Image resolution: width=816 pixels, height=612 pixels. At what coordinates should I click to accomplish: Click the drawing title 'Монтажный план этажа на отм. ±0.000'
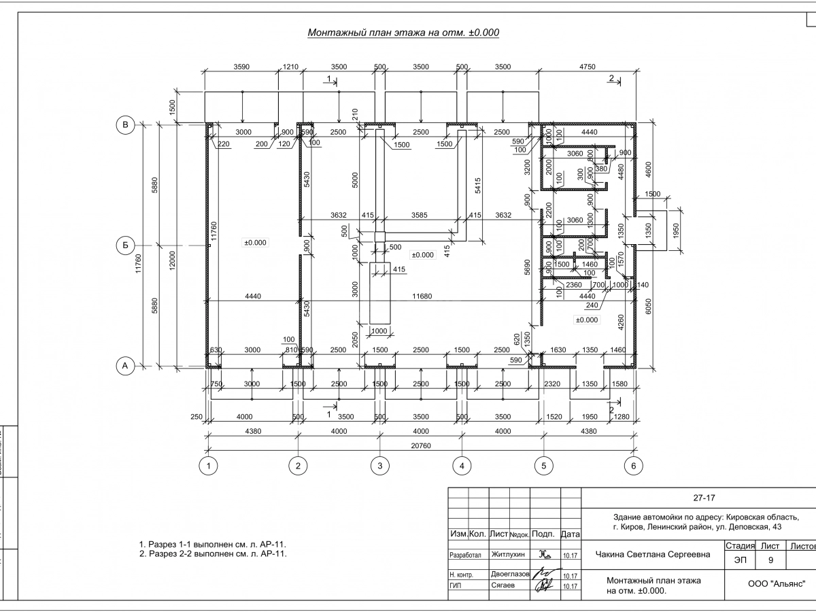pyautogui.click(x=404, y=33)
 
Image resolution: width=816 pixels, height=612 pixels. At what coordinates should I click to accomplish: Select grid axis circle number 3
pyautogui.click(x=379, y=466)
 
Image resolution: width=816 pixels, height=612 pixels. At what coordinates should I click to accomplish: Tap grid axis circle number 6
pyautogui.click(x=634, y=466)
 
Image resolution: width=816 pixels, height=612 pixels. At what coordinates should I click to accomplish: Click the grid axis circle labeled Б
pyautogui.click(x=125, y=245)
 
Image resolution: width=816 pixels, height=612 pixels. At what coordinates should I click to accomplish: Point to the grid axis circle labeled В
pyautogui.click(x=125, y=124)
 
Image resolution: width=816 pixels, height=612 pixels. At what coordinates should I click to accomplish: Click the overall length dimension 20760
pyautogui.click(x=421, y=445)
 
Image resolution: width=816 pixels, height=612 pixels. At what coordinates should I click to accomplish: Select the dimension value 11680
pyautogui.click(x=423, y=296)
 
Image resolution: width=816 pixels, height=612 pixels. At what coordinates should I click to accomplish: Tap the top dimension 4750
pyautogui.click(x=586, y=67)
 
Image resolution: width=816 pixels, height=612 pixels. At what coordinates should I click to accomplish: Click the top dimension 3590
pyautogui.click(x=241, y=67)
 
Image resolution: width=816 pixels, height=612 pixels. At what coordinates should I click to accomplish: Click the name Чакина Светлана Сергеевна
pyautogui.click(x=652, y=554)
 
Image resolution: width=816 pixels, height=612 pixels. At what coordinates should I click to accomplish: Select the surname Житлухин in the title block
pyautogui.click(x=508, y=554)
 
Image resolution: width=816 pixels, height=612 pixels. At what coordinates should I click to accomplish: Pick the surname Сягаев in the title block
pyautogui.click(x=503, y=585)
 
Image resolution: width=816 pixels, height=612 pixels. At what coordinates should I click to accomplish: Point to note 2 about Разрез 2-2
pyautogui.click(x=213, y=554)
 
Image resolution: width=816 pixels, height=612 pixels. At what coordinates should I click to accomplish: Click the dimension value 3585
pyautogui.click(x=420, y=216)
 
